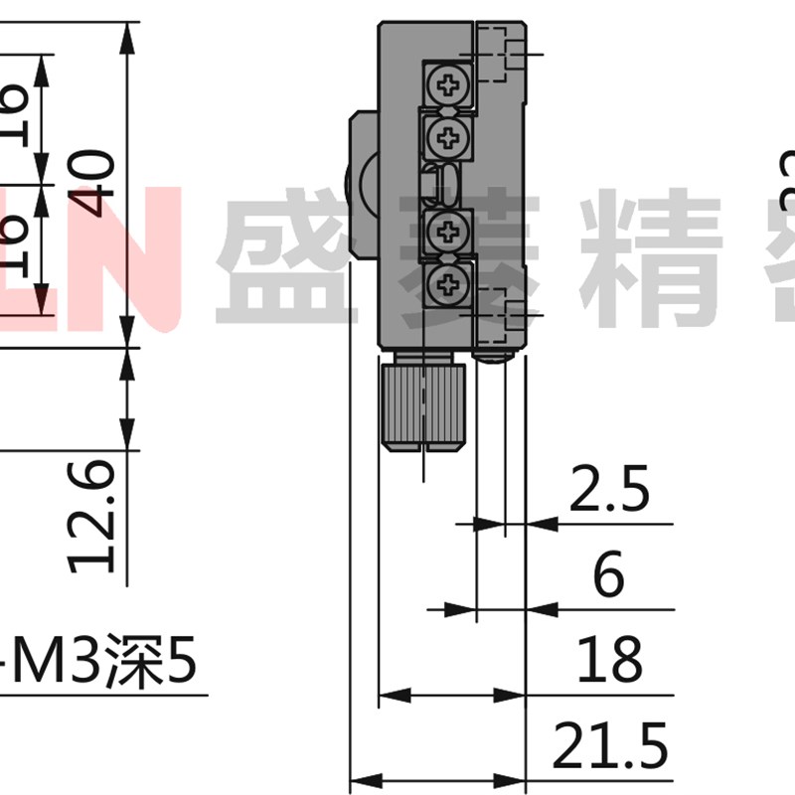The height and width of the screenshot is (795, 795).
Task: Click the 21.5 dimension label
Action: [611, 746]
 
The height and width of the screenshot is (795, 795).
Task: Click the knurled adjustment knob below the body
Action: [422, 405]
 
